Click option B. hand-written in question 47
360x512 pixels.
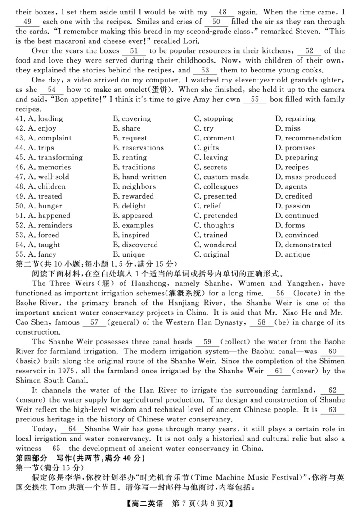139,177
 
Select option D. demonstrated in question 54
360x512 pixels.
302,245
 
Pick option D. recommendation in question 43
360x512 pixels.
308,138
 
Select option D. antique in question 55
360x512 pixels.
292,254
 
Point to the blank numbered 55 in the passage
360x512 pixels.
255,100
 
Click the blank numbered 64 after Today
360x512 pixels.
72,429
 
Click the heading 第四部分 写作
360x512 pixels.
40,458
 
